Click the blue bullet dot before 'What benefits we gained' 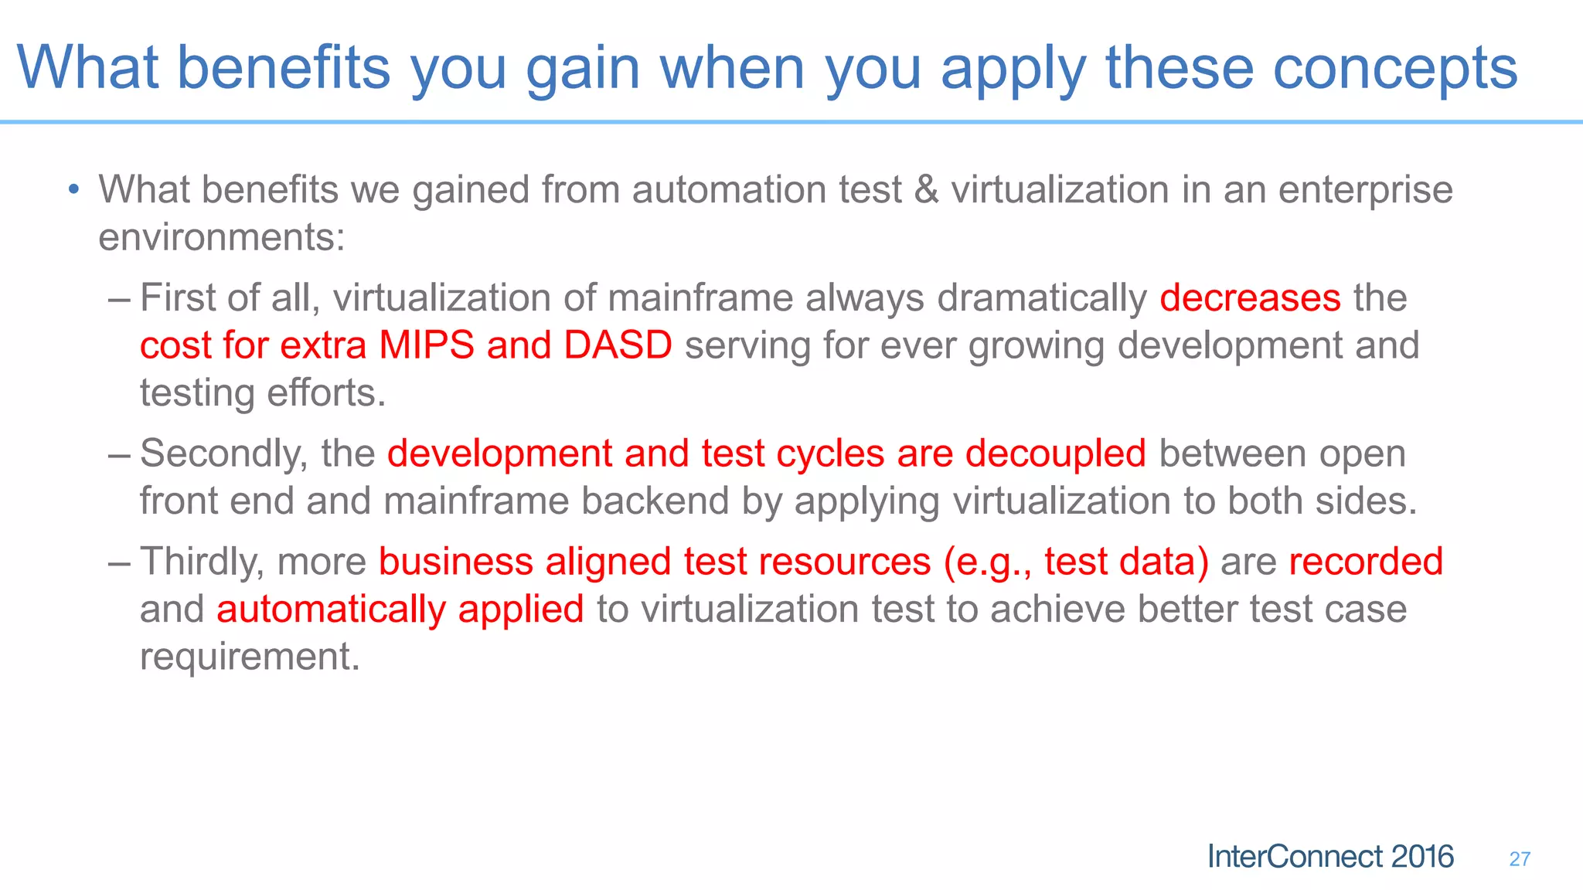73,189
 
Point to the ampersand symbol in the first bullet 926,190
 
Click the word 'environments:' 222,237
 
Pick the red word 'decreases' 1250,298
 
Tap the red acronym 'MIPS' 426,345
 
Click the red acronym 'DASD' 618,345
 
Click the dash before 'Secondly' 120,453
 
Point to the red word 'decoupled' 1055,454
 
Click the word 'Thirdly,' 202,562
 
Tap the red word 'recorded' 1366,562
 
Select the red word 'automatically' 331,610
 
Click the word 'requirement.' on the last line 250,657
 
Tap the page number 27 1519,859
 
